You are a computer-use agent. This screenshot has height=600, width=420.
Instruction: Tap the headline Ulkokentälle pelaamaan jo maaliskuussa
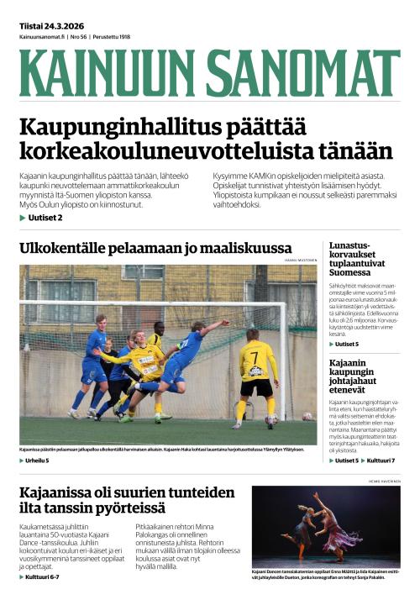point(143,249)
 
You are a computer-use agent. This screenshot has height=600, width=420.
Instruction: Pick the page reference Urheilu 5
point(37,461)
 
